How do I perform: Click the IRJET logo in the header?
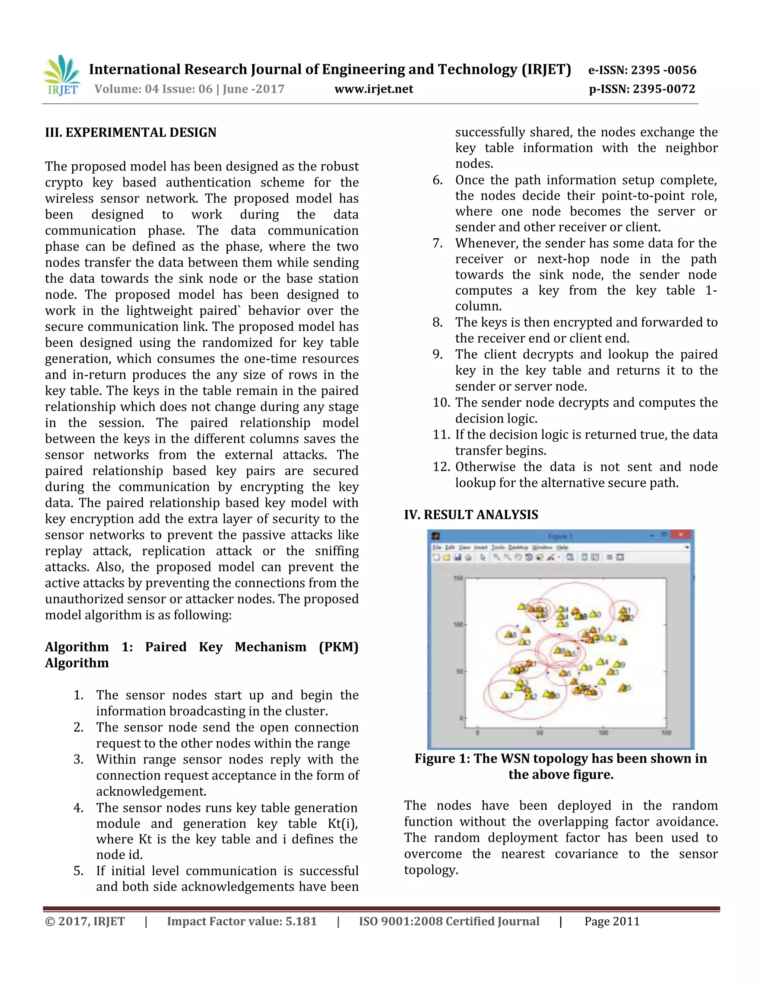pos(61,76)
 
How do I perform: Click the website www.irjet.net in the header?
pos(373,89)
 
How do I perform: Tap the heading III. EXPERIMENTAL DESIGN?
pos(131,133)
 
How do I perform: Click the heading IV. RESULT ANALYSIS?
pos(471,515)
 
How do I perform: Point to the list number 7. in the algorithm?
pos(437,243)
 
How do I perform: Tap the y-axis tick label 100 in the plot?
pos(458,625)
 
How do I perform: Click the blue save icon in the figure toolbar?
pos(458,558)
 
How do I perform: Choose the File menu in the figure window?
pos(437,547)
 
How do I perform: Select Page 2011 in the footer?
pos(612,922)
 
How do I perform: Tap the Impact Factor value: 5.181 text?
pos(242,922)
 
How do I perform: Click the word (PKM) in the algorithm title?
pos(338,647)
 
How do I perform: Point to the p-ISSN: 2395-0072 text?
pos(642,89)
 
